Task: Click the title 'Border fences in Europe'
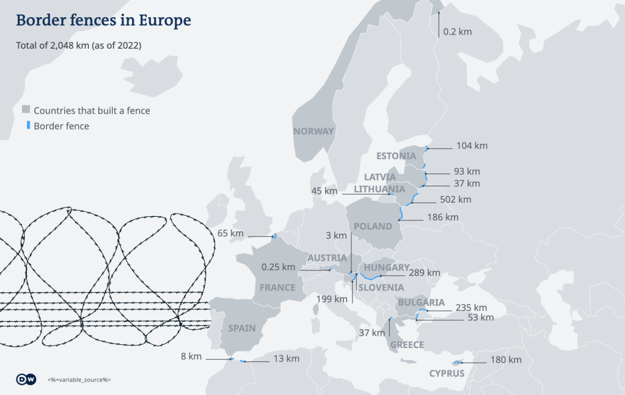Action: (103, 20)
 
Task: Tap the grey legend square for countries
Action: (26, 110)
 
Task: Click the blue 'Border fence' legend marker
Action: (27, 126)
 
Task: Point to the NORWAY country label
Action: (313, 131)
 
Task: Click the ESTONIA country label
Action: (396, 156)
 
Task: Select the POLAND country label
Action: (373, 226)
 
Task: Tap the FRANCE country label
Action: (277, 288)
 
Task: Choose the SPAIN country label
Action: (242, 328)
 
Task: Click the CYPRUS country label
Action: (447, 374)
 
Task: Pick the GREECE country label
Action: (407, 345)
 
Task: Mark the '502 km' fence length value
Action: (456, 200)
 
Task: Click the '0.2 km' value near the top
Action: (458, 31)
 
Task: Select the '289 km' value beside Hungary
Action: (425, 273)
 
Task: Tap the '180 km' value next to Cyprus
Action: (506, 360)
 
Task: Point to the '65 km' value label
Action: (230, 233)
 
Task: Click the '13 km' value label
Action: (285, 358)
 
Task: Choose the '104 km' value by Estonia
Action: (472, 146)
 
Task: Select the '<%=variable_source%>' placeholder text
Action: (79, 380)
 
